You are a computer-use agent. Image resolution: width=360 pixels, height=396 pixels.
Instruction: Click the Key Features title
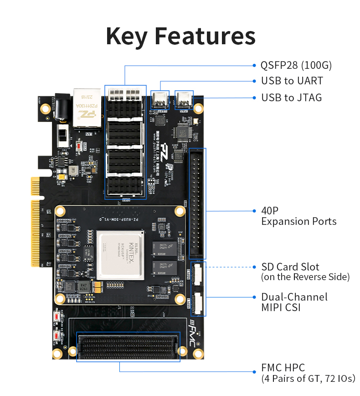pyautogui.click(x=180, y=36)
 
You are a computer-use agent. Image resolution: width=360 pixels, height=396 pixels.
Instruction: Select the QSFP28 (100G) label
pyautogui.click(x=296, y=65)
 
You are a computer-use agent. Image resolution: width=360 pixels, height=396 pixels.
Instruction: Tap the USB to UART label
pyautogui.click(x=292, y=81)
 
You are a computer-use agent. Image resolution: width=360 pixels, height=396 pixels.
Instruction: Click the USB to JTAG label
pyautogui.click(x=291, y=98)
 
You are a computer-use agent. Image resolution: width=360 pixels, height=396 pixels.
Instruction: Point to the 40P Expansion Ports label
pyautogui.click(x=298, y=216)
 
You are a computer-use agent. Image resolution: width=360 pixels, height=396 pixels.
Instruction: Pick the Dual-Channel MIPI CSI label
pyautogui.click(x=294, y=302)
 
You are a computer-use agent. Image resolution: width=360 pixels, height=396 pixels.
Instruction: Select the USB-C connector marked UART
pyautogui.click(x=160, y=100)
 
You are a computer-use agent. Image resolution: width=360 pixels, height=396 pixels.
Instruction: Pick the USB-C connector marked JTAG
pyautogui.click(x=185, y=99)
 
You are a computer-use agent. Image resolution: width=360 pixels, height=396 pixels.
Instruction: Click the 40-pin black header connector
pyautogui.click(x=198, y=203)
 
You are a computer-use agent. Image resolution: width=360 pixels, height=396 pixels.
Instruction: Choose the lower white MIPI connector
pyautogui.click(x=198, y=303)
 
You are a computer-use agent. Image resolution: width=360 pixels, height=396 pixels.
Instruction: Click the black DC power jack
pyautogui.click(x=60, y=107)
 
